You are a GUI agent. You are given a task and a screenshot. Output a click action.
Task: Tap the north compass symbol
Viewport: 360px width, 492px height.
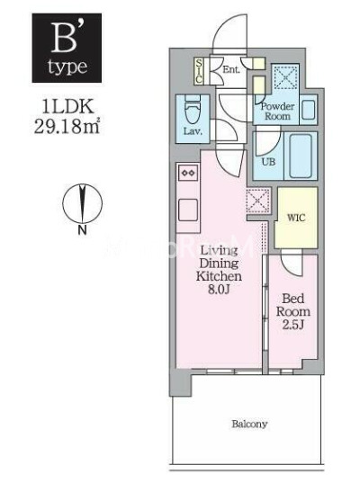pos(82,202)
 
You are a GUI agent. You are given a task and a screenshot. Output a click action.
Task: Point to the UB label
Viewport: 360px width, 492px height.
pos(267,162)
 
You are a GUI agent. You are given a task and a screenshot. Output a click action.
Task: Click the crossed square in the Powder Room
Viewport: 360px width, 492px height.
pos(286,79)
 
